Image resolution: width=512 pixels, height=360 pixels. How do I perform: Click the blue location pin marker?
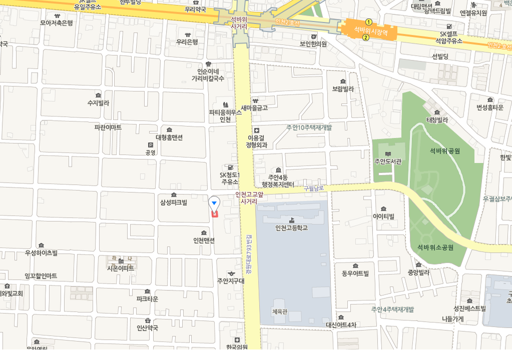[x=214, y=202]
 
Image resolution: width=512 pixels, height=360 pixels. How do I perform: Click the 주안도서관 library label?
[x=388, y=161]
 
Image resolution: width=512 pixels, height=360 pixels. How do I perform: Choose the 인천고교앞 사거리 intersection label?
[x=249, y=198]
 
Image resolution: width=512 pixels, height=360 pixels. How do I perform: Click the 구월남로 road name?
[x=314, y=188]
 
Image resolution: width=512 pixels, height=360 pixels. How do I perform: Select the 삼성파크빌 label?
[x=173, y=202]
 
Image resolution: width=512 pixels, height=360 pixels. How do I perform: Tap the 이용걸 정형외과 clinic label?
[x=256, y=141]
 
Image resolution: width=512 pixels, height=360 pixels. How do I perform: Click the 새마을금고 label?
[x=254, y=107]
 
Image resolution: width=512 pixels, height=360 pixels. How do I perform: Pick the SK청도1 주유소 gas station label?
[x=230, y=178]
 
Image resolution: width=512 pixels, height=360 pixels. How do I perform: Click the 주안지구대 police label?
[x=231, y=280]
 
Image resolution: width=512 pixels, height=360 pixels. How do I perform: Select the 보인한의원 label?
[x=313, y=43]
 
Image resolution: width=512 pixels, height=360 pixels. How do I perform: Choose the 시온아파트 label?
[x=121, y=268]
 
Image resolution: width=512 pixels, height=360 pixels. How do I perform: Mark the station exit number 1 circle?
[x=369, y=22]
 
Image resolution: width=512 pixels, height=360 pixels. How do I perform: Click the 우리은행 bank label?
[x=187, y=42]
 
